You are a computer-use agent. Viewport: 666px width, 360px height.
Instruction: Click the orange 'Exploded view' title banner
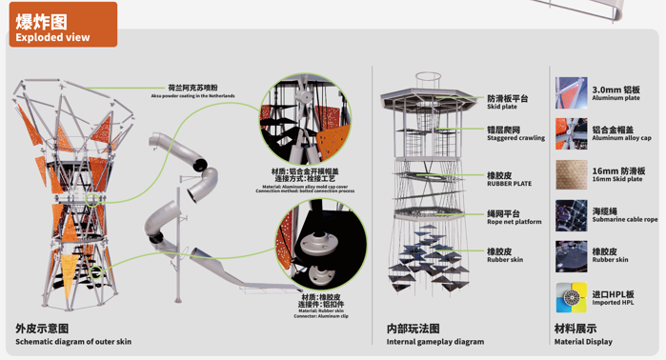[x=63, y=26]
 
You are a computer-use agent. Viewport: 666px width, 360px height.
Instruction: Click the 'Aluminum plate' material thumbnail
[x=571, y=93]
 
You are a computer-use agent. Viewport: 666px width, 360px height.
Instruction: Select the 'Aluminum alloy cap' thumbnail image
[x=571, y=134]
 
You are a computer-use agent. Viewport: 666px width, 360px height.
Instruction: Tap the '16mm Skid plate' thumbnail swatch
[x=571, y=175]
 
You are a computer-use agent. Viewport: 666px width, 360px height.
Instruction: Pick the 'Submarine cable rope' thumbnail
[x=571, y=215]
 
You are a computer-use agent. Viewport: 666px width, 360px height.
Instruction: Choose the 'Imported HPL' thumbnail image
[x=571, y=298]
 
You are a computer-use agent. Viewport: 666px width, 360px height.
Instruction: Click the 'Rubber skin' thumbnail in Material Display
[x=571, y=256]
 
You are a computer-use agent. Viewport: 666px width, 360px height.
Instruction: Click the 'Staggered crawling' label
[x=515, y=138]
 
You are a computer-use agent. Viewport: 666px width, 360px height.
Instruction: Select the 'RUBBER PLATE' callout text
[x=509, y=184]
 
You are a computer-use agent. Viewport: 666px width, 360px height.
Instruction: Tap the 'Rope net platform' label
[x=514, y=222]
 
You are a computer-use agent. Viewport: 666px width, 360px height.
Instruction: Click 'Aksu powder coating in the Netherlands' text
[x=192, y=96]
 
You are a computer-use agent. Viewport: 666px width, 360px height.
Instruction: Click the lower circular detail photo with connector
[x=322, y=245]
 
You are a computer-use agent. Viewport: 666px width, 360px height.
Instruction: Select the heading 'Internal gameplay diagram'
[x=434, y=341]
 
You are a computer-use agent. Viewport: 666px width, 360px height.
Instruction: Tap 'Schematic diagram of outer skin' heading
[x=73, y=341]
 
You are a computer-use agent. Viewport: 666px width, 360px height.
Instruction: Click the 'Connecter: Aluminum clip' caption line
[x=321, y=316]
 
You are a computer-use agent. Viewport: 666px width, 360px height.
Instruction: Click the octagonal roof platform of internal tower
[x=429, y=97]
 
